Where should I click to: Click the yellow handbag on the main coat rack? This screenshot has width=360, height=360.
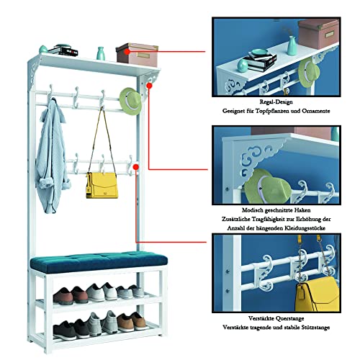point(102,185)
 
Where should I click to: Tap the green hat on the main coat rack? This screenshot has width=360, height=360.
point(130,101)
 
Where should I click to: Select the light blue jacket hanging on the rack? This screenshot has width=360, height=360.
point(52,156)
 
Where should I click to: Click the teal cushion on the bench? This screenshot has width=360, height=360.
point(99,261)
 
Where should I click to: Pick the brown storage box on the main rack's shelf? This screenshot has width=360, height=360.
point(137,55)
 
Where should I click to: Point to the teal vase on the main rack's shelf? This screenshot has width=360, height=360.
point(101,53)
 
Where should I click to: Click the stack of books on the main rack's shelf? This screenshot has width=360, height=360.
point(63,50)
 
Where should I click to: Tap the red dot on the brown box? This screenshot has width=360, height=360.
point(127,52)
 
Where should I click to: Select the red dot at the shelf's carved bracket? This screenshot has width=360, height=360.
point(149,86)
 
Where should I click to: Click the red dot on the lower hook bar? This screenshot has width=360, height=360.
point(136,167)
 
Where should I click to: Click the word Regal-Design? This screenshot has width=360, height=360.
point(276,102)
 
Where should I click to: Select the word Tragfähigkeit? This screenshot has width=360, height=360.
point(266,220)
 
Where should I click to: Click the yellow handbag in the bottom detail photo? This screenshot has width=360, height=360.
point(318,294)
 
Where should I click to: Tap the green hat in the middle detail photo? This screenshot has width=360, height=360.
point(268,186)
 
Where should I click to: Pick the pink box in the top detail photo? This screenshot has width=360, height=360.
point(318,34)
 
